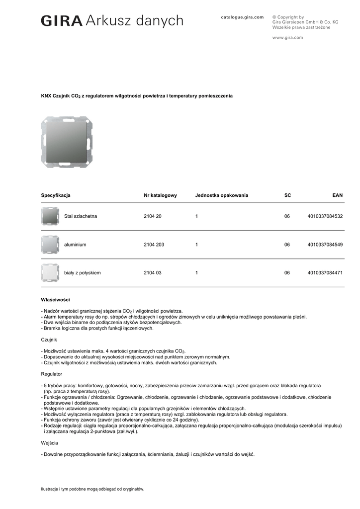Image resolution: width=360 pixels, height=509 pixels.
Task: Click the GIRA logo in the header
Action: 62,21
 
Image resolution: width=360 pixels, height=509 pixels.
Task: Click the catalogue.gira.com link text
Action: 242,17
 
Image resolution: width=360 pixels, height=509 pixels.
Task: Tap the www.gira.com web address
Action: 287,37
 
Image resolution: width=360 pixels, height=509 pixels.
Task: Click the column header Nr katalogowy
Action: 160,195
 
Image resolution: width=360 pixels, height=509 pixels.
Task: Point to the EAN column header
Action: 337,195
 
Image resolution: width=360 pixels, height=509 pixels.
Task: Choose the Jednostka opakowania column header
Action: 221,195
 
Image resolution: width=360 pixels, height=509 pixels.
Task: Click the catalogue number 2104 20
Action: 152,216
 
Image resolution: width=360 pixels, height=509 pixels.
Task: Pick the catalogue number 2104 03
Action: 152,273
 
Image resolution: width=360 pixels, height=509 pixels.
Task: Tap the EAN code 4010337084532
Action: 325,216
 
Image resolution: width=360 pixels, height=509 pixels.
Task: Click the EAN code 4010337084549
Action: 325,245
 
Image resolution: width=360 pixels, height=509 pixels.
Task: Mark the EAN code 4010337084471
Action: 325,273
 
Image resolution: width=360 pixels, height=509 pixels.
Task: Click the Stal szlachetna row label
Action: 81,216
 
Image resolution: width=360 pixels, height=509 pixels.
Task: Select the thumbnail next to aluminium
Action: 50,245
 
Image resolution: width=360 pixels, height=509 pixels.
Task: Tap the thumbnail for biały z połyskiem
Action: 50,273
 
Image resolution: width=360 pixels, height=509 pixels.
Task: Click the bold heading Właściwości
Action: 55,300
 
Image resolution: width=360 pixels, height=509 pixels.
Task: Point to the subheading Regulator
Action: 51,373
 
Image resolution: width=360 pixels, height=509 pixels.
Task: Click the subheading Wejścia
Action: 49,442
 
